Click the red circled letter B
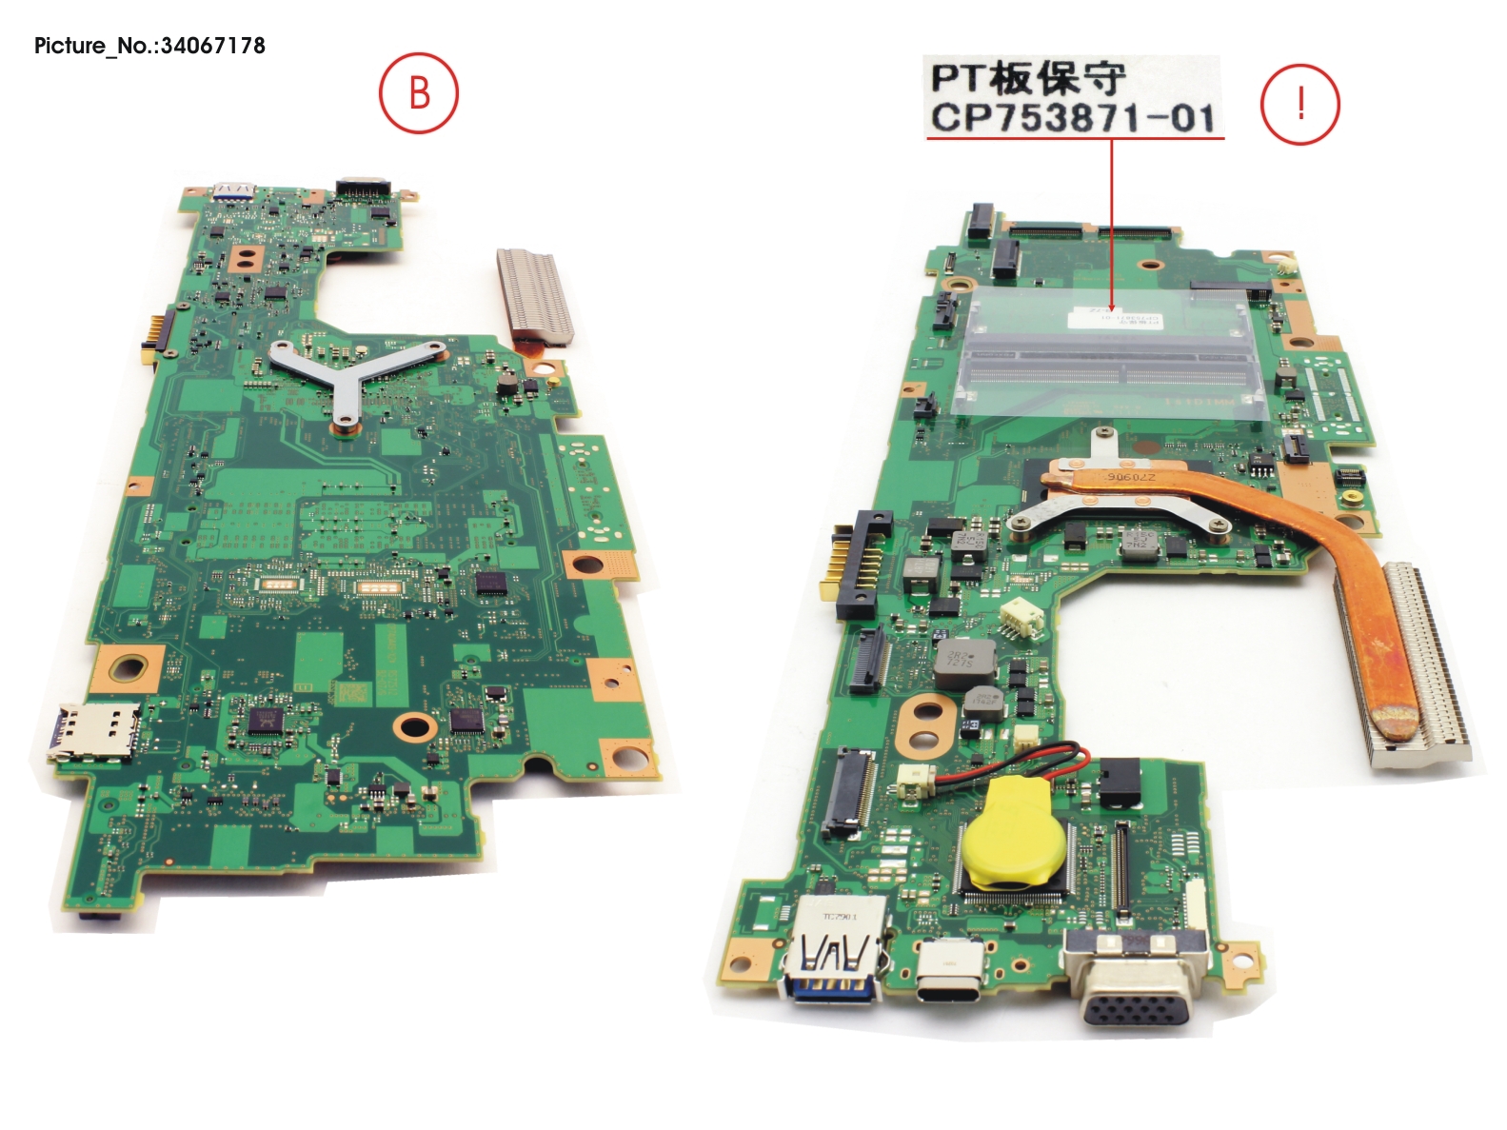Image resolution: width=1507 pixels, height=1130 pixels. coord(419,93)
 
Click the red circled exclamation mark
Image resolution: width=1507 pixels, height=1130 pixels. coord(1299,104)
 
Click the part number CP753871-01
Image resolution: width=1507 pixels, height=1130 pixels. coord(1073,118)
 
